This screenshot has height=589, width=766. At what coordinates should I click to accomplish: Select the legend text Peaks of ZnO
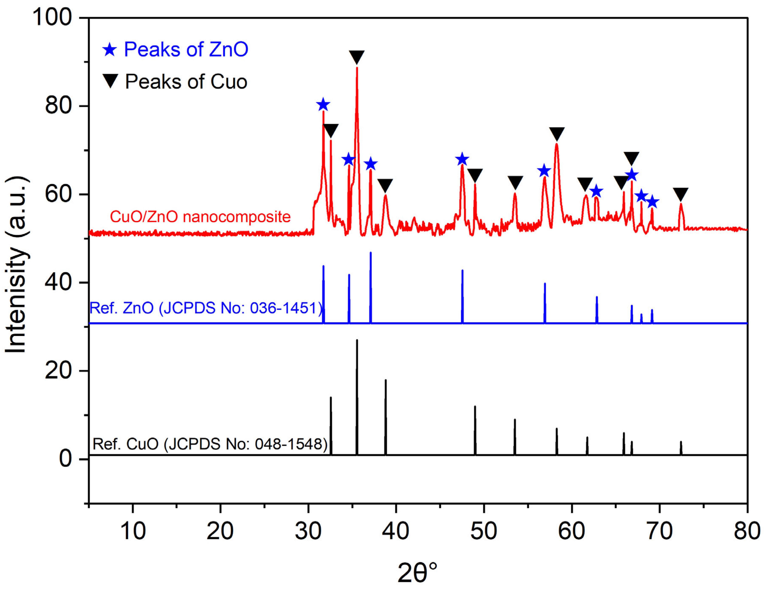[186, 49]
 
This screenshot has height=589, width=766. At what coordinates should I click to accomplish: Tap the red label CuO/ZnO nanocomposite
[200, 217]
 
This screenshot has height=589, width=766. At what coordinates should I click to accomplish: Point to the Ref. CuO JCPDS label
[210, 444]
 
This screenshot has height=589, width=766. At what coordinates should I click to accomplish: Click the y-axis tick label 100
[52, 17]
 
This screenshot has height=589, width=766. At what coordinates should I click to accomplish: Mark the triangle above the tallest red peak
[357, 57]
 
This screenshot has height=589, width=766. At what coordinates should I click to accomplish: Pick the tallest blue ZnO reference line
[370, 287]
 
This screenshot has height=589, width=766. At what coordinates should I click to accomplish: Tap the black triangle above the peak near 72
[680, 194]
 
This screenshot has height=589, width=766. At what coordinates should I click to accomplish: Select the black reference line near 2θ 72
[681, 448]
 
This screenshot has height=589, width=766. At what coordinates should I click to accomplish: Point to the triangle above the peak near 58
[557, 134]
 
